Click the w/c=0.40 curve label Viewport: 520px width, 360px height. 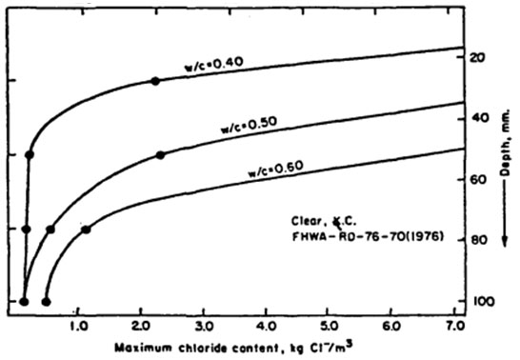tap(214, 65)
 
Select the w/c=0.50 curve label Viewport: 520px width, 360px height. tap(249, 126)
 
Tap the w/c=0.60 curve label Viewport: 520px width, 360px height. tap(276, 170)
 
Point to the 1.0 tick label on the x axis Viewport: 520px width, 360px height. tap(80, 327)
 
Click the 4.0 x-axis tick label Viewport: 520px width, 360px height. tap(267, 327)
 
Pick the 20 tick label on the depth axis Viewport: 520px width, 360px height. tap(478, 57)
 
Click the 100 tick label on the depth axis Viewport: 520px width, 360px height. tap(483, 302)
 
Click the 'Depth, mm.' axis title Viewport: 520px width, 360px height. tap(505, 143)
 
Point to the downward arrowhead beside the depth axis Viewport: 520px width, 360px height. tap(505, 241)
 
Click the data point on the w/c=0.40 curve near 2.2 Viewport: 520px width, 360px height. tap(155, 81)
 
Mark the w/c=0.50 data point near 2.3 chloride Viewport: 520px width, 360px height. tap(161, 155)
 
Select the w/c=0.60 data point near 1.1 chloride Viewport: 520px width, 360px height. tap(86, 230)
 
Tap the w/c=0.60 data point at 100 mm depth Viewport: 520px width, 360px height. tap(46, 302)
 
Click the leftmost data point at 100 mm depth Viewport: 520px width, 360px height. tap(24, 302)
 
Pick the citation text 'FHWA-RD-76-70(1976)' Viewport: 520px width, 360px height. tap(368, 237)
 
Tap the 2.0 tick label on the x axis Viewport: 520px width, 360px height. tap(142, 327)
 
